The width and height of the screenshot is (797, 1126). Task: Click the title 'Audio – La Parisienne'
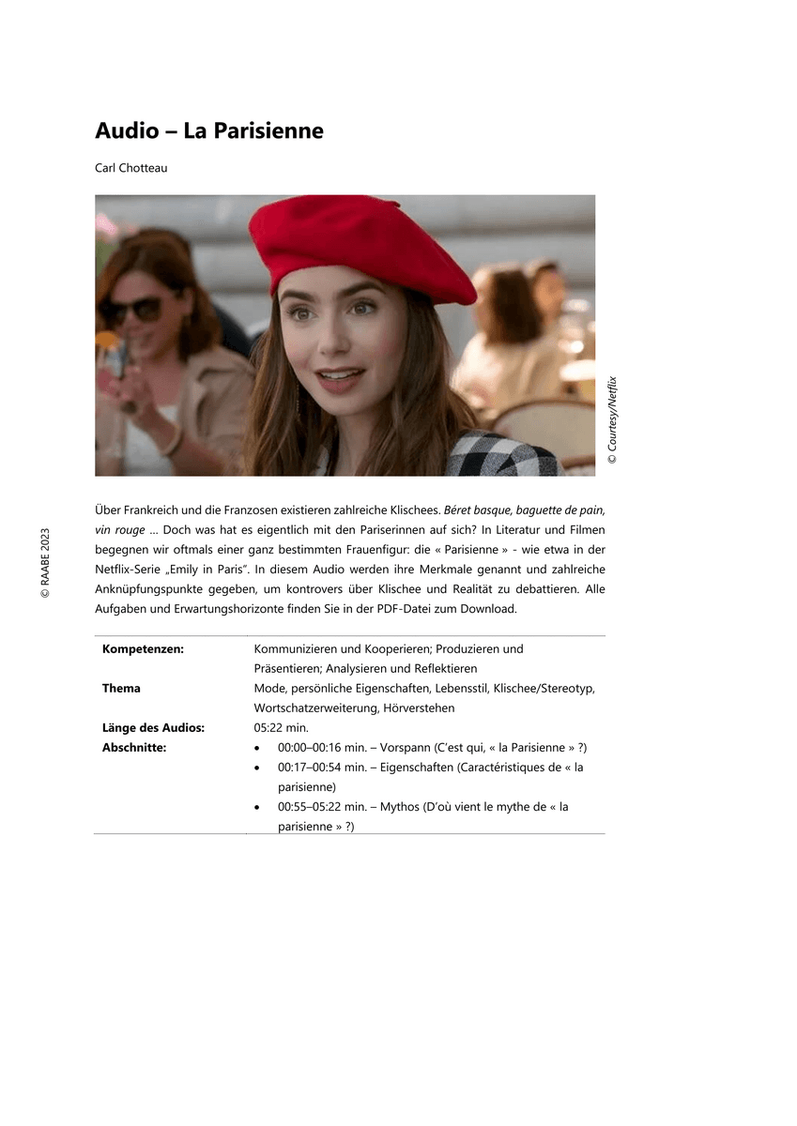pos(209,131)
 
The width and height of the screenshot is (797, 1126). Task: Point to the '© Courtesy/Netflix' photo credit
pos(613,419)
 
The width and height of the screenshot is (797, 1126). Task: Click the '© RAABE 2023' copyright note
pos(44,563)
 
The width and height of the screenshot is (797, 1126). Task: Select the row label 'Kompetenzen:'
pos(143,649)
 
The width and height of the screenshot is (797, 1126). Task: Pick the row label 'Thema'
pos(121,689)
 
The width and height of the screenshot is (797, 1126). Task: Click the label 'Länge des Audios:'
pos(153,728)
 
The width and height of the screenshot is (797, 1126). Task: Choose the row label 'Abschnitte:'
pos(134,748)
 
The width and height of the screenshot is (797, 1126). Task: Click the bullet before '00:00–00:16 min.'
pos(258,749)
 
